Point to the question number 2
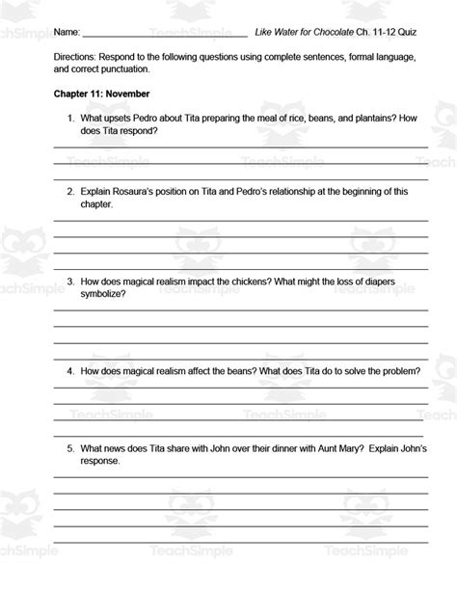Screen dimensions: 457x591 [x=70, y=192]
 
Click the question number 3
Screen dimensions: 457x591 [x=70, y=282]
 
